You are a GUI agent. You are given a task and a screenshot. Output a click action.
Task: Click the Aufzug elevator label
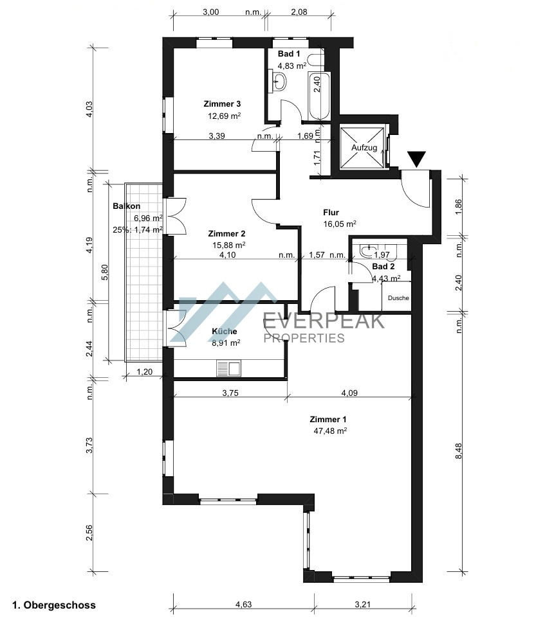(364, 148)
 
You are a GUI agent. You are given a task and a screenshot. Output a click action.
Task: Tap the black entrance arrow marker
(416, 158)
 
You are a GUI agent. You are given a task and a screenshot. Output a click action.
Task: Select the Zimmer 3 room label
(222, 104)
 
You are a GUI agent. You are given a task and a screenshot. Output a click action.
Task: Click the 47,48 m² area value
(331, 430)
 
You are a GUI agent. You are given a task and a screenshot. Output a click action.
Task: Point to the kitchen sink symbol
(229, 368)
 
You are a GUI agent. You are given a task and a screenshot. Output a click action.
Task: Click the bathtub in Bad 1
(319, 96)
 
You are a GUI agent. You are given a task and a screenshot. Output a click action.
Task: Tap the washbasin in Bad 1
(280, 81)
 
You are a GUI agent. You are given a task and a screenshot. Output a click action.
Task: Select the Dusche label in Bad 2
(398, 298)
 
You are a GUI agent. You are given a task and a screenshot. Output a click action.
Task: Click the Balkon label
(126, 206)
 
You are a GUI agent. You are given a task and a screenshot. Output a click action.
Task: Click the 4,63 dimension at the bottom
(243, 604)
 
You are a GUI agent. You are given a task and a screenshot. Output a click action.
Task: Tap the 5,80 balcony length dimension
(105, 272)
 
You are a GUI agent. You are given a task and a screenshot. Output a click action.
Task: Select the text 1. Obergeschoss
(54, 605)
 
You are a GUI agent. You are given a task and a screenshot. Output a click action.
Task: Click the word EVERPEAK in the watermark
(324, 320)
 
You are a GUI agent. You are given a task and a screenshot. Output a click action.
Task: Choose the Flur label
(331, 213)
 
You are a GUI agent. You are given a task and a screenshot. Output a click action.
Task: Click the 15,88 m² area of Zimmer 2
(229, 245)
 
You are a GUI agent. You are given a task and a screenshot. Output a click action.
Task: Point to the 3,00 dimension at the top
(211, 12)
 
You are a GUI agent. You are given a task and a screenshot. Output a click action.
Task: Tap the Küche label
(225, 331)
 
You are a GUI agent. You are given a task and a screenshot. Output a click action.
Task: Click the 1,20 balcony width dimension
(144, 371)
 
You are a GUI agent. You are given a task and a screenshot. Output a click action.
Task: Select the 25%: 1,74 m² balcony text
(138, 229)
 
